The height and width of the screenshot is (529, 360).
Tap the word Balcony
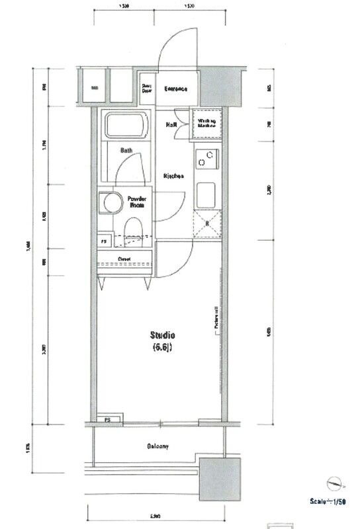(x=157, y=446)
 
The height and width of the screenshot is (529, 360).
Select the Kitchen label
(x=173, y=176)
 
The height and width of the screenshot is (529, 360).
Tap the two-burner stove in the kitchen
(x=206, y=159)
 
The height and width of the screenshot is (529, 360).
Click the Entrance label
(x=176, y=89)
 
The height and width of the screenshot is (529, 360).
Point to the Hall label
(x=170, y=124)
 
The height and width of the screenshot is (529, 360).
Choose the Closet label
(x=124, y=259)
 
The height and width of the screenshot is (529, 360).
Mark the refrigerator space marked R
(x=206, y=224)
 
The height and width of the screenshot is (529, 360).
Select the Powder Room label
(x=138, y=202)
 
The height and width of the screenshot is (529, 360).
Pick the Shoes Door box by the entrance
(x=146, y=89)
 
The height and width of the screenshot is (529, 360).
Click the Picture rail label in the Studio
(x=216, y=318)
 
